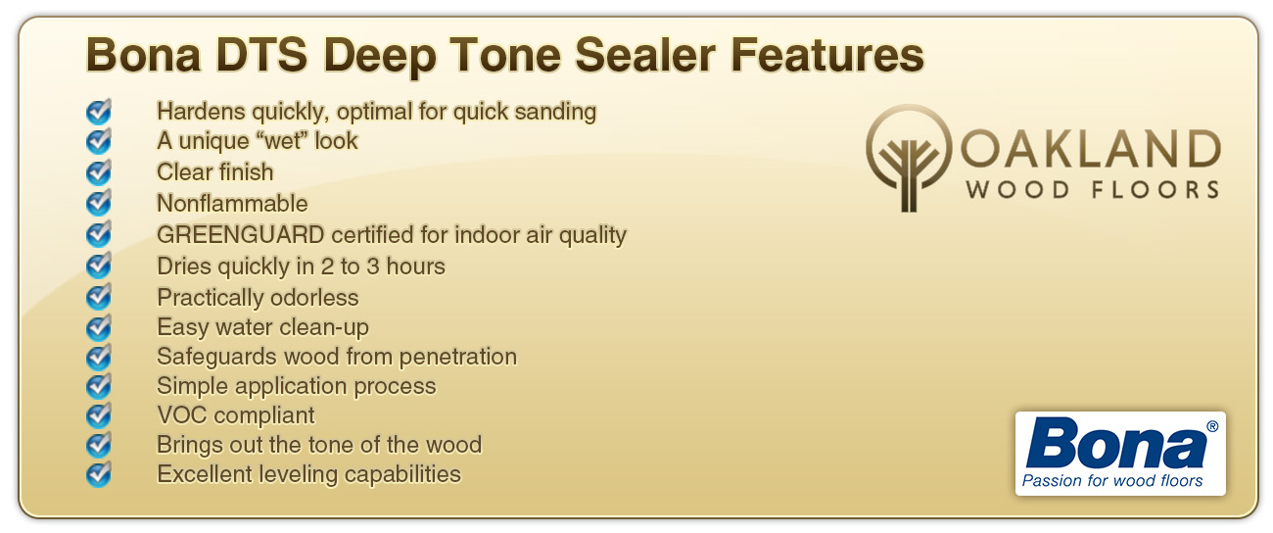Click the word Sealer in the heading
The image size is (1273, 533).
(x=645, y=55)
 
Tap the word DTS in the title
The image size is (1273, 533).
(x=261, y=55)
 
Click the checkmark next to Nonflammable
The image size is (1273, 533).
(x=99, y=202)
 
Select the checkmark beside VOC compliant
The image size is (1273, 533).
(x=99, y=414)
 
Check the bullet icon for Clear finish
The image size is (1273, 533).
(x=99, y=171)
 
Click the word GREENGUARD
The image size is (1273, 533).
(x=240, y=234)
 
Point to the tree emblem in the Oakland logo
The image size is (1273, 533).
(x=909, y=158)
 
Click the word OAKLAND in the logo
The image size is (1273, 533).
(x=1091, y=149)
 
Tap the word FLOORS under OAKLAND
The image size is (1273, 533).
(x=1155, y=190)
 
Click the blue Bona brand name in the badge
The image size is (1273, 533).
(x=1115, y=444)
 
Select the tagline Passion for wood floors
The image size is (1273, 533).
(x=1112, y=481)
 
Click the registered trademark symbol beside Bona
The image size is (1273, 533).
(x=1211, y=426)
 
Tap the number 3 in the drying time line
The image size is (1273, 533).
(x=373, y=266)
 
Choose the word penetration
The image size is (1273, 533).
(x=458, y=358)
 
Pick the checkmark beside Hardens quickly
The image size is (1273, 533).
(x=99, y=111)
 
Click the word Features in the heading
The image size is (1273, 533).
(x=827, y=55)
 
